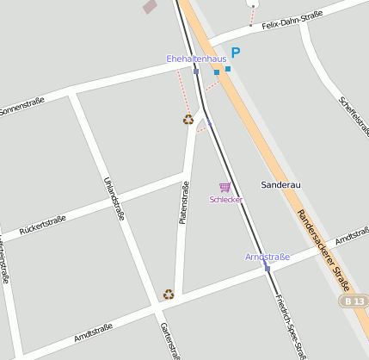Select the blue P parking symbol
[x=235, y=53]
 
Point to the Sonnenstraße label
[x=22, y=108]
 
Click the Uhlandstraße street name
[x=114, y=198]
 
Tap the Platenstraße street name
[x=183, y=203]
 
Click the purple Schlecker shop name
[x=226, y=200]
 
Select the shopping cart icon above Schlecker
[x=225, y=187]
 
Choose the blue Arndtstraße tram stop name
[x=268, y=257]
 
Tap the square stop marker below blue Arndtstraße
[x=268, y=269]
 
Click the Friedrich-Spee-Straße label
[x=291, y=326]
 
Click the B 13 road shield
[x=353, y=301]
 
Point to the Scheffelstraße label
[x=354, y=116]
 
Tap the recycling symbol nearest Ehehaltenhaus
[x=188, y=120]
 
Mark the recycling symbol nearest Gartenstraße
[x=169, y=294]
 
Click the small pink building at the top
[x=151, y=6]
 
